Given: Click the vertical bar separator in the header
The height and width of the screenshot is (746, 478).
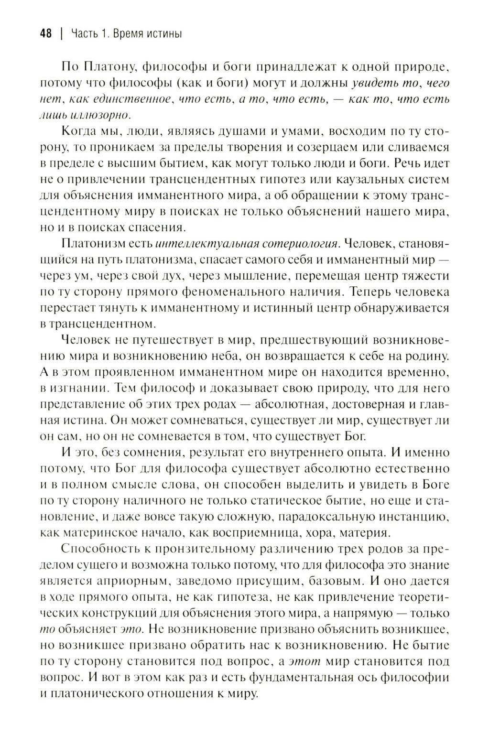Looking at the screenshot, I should click(61, 34).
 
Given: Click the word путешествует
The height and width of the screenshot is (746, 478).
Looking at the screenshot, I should click(155, 340).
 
